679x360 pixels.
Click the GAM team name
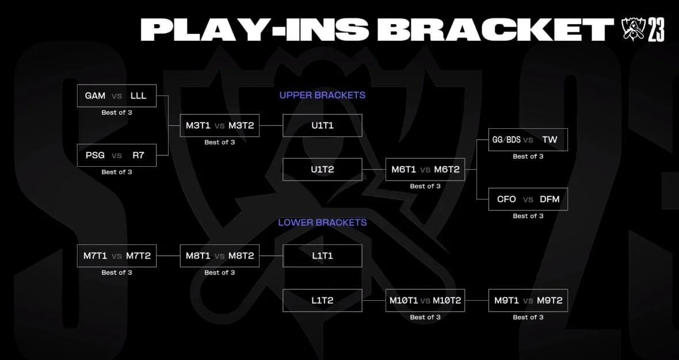(x=95, y=96)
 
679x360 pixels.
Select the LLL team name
(x=139, y=96)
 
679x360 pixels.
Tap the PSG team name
(x=95, y=155)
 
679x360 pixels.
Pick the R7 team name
(x=139, y=155)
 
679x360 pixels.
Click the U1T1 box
(x=322, y=125)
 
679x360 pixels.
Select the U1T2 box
(x=322, y=170)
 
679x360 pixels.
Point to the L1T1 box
(x=322, y=256)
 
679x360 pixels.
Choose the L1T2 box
(x=322, y=300)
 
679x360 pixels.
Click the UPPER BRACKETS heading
(x=322, y=95)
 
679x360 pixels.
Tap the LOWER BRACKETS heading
(x=322, y=223)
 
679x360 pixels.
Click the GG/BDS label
(x=506, y=140)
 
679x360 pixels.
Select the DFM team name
(x=550, y=200)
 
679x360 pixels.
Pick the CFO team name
(x=506, y=200)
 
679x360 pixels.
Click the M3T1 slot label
(x=198, y=125)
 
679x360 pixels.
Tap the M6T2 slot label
(x=447, y=170)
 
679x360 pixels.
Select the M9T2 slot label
(x=550, y=300)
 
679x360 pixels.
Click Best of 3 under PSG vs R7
(x=117, y=172)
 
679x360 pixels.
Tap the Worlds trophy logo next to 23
(x=633, y=29)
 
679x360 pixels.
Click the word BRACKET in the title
(x=495, y=29)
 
